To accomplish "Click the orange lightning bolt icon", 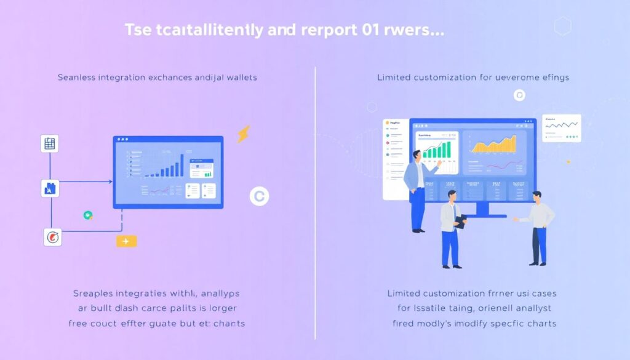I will pos(244,134).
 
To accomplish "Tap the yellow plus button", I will pos(126,241).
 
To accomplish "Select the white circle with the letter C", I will pos(259,196).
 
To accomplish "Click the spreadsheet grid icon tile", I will pos(49,144).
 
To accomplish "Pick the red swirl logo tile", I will pos(53,237).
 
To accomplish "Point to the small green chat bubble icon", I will pos(88,215).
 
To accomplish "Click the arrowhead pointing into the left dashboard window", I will pos(110,182).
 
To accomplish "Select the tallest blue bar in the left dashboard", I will pos(181,165).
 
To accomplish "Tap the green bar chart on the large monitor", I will pos(437,148).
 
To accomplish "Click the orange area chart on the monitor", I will pos(493,144).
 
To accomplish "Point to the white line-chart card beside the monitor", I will pos(562,128).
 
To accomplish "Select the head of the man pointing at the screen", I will pos(417,156).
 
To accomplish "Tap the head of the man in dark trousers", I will pos(536,197).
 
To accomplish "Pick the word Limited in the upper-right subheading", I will pos(394,78).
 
